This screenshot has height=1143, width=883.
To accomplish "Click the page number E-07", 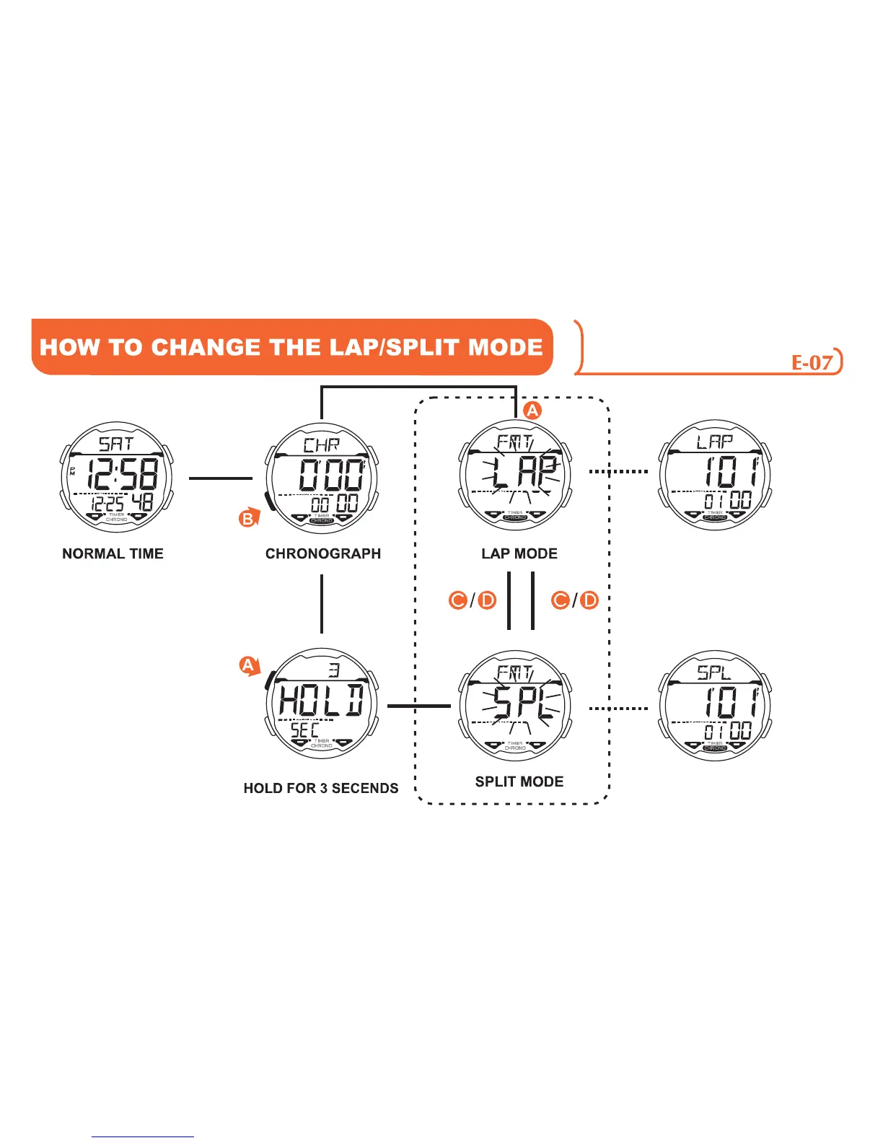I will tap(812, 362).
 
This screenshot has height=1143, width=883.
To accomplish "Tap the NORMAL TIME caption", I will tap(113, 553).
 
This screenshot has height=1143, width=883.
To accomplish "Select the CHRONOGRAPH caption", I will tap(322, 553).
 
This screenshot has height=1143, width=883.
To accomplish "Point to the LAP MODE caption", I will tap(519, 553).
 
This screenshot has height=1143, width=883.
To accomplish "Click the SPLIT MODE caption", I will tap(519, 781).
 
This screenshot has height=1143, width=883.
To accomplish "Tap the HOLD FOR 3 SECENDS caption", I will tap(320, 788).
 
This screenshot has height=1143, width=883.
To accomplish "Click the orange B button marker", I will tap(248, 518).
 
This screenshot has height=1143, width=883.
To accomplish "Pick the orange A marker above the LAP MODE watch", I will tap(532, 411).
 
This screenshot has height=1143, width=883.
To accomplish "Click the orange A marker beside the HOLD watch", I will tap(248, 665).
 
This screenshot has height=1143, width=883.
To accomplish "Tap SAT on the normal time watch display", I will tap(115, 443).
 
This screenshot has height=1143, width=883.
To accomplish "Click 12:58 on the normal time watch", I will tap(123, 475).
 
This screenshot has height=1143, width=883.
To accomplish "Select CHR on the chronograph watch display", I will tap(321, 444).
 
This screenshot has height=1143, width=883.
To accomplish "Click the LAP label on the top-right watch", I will tap(714, 442).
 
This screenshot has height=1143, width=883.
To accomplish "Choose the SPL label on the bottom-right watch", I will tap(713, 673).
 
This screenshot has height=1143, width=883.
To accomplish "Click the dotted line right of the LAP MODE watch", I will tap(618, 472).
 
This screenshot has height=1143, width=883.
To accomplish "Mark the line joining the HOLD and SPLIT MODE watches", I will tap(418, 706).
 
